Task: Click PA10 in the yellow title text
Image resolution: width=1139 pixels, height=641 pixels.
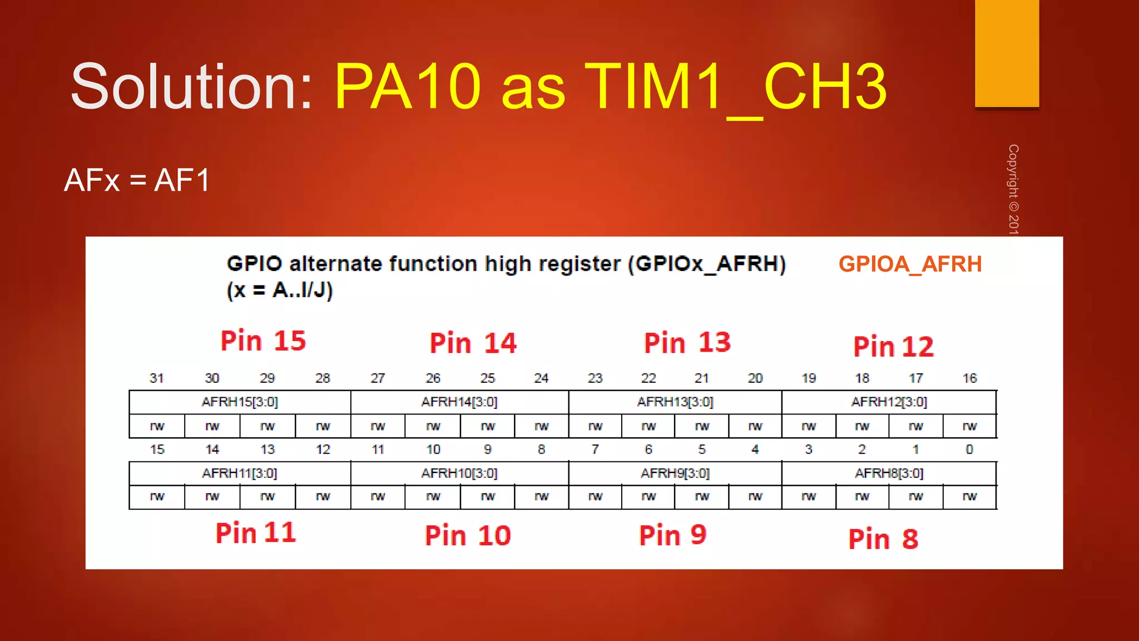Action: (x=407, y=87)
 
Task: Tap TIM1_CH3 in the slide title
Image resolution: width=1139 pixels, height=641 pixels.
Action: (x=735, y=87)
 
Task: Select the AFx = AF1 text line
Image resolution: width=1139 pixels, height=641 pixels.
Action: (x=137, y=180)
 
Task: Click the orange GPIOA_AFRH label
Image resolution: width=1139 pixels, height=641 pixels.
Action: (x=910, y=264)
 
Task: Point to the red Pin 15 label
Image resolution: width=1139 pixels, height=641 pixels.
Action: (x=263, y=341)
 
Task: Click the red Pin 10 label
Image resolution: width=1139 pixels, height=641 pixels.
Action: (x=468, y=535)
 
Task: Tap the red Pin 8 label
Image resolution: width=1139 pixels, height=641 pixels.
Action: (x=883, y=539)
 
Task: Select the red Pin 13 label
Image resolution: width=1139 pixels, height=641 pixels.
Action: (x=687, y=342)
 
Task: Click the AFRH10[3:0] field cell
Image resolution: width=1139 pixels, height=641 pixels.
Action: (x=459, y=473)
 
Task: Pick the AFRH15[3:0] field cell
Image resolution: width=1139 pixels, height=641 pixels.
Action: (x=240, y=402)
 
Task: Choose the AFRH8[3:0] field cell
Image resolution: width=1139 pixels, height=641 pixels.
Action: (x=889, y=473)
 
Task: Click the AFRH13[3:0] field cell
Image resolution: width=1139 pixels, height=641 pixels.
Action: (x=675, y=402)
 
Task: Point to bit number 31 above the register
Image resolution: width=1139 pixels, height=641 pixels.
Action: (x=157, y=378)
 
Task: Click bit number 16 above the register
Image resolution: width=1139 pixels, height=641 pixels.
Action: (x=969, y=378)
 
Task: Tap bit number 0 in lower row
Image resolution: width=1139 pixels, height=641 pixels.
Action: (x=969, y=450)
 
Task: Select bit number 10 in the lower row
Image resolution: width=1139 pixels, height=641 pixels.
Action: (x=433, y=450)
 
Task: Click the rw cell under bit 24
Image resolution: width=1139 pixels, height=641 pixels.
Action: (x=542, y=426)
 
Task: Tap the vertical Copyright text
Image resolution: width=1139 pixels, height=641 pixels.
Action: (x=1013, y=189)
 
